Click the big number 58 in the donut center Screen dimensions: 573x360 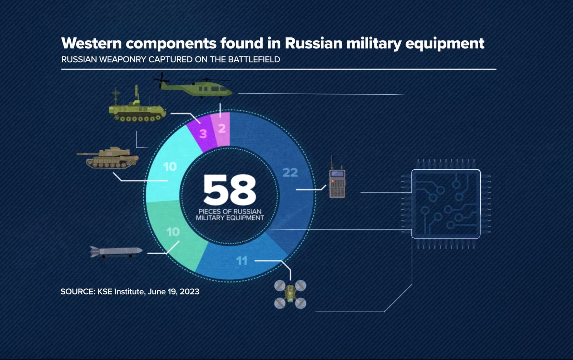[230, 189]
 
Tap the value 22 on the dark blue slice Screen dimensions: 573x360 [290, 172]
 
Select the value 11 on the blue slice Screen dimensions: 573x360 [242, 261]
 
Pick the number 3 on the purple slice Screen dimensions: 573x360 [203, 134]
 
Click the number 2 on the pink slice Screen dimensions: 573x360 [222, 128]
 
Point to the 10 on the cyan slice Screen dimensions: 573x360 [170, 167]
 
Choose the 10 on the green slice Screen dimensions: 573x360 [173, 232]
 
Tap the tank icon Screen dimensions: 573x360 [108, 158]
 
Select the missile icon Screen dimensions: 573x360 [116, 252]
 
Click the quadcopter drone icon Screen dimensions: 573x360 [290, 294]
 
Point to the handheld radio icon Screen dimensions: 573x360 [337, 178]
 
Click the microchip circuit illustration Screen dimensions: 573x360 [446, 204]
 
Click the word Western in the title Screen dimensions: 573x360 [91, 43]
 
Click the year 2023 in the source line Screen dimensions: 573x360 [190, 292]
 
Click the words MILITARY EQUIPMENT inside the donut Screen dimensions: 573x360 [230, 218]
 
